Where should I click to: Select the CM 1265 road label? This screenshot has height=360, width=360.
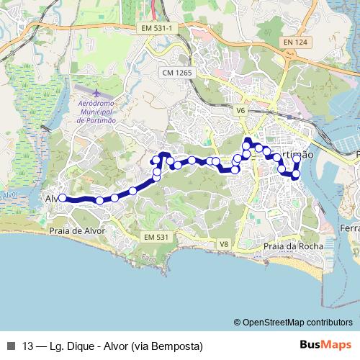(176, 73)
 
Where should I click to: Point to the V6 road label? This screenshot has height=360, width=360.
(240, 110)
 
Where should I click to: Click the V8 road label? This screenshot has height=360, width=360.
(224, 245)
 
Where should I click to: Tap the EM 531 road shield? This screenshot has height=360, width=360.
(156, 238)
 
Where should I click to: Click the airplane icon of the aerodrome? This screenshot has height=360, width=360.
(97, 94)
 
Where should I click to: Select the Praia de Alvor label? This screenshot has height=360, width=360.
(77, 231)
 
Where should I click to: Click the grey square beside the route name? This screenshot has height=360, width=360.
(11, 346)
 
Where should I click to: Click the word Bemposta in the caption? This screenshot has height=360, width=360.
(173, 346)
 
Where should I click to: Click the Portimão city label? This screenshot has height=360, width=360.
(295, 155)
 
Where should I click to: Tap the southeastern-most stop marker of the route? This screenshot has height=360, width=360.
(296, 174)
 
